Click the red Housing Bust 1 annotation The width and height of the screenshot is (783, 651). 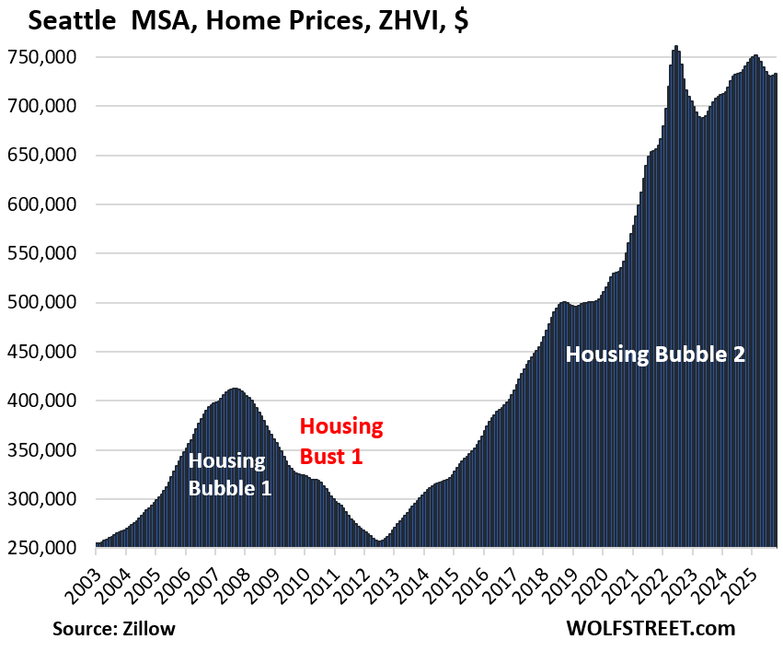tap(341, 440)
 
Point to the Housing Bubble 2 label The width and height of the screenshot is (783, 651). tap(654, 355)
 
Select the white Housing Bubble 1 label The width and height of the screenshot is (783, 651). tap(230, 473)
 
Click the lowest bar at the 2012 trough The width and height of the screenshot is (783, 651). tap(379, 544)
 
